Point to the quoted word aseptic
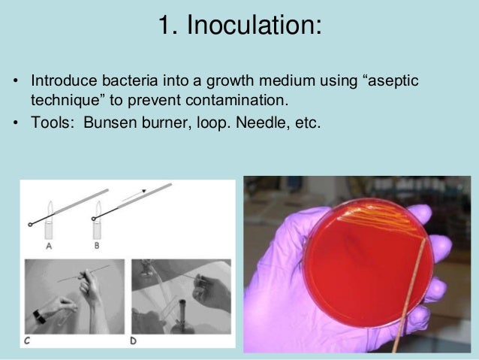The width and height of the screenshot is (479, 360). pos(395,80)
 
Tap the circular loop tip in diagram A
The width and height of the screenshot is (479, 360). pos(29,224)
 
